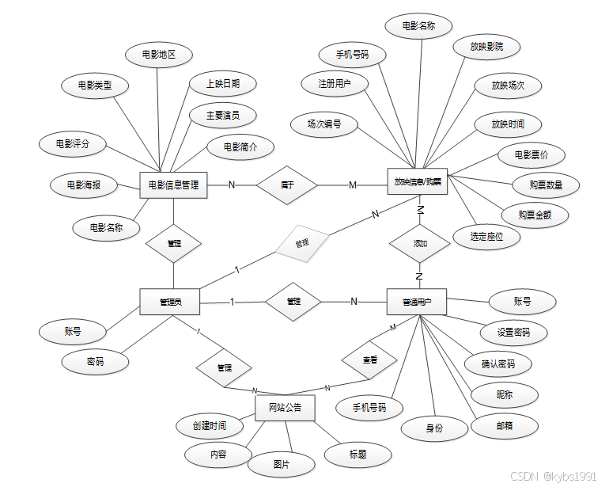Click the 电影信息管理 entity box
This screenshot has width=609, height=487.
(173, 185)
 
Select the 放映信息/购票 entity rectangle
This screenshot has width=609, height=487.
(418, 182)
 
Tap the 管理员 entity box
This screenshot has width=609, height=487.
(170, 302)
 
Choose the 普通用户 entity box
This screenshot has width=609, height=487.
(418, 302)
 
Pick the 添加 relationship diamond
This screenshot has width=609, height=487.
(420, 244)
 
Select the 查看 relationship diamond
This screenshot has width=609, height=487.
(369, 360)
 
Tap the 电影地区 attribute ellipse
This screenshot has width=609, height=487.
(158, 55)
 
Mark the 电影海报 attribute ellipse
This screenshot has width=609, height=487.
(83, 185)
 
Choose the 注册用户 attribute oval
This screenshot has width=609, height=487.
(335, 83)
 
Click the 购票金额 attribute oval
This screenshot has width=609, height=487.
(535, 215)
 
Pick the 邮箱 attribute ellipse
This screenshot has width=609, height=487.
(504, 426)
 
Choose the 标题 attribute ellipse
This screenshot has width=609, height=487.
(357, 455)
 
